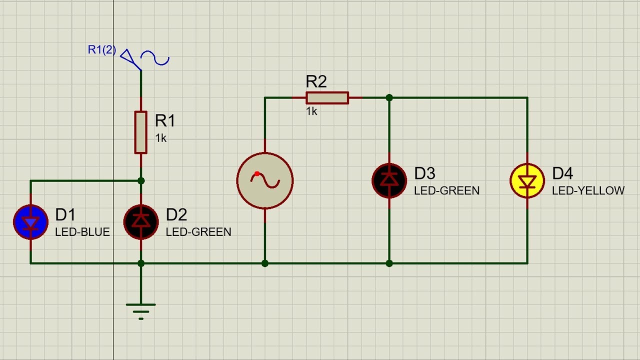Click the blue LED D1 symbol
coord(30,222)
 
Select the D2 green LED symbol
coord(141,222)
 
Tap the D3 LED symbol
coord(389,180)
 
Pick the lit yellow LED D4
coord(527,180)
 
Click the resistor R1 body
coord(141,132)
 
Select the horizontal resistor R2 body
coord(327,97)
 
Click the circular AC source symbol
coord(265,180)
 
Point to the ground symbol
coord(141,311)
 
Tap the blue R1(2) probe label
coord(102,49)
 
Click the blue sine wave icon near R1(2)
coord(155,58)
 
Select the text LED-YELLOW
coord(588,190)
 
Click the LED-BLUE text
coord(82,232)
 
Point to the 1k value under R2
coord(311,111)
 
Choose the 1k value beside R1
coord(160,138)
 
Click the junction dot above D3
coord(389,97)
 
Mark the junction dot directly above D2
coord(141,180)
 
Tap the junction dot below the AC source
coord(265,263)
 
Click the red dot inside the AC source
coord(257,173)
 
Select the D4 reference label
coord(562,173)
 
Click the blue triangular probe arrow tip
coord(141,70)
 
